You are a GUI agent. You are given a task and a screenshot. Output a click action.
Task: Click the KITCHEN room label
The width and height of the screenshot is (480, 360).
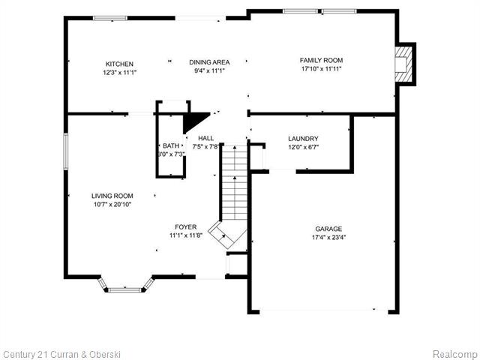tap(119, 64)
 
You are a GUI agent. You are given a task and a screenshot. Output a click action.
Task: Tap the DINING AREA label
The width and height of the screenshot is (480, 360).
tap(209, 62)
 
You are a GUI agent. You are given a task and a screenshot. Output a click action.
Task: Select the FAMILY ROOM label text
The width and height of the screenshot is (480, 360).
tap(321, 60)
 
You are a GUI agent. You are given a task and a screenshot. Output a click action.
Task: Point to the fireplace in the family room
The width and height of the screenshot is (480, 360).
tap(404, 64)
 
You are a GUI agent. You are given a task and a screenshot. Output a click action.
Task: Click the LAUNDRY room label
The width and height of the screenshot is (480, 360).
tap(303, 139)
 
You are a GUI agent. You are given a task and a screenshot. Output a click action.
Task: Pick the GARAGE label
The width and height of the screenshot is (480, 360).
tap(328, 229)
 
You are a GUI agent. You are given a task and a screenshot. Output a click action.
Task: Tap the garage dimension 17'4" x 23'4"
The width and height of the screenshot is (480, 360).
tap(329, 237)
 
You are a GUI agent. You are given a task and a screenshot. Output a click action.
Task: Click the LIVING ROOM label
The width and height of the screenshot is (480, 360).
tap(112, 196)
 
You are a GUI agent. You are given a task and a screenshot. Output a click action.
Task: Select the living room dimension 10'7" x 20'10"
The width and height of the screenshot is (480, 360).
tap(112, 205)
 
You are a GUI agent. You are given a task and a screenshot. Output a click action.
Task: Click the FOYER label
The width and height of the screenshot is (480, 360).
tap(186, 226)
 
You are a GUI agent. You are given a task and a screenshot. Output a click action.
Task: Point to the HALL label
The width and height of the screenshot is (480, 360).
tap(206, 138)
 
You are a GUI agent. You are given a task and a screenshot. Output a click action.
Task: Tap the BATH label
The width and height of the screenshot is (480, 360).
tap(171, 145)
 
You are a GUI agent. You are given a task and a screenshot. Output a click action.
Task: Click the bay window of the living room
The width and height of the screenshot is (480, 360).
tap(125, 286)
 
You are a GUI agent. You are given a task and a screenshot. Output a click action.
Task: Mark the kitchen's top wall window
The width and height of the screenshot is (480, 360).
tap(110, 18)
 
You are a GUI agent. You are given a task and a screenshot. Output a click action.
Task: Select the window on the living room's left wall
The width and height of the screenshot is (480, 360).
tap(66, 151)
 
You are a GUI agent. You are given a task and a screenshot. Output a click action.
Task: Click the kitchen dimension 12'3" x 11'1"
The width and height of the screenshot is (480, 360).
tap(120, 73)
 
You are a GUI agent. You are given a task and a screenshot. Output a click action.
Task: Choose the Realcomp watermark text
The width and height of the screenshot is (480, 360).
tap(455, 354)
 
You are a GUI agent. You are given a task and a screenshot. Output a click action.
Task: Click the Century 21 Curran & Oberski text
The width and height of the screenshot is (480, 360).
tap(61, 355)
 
